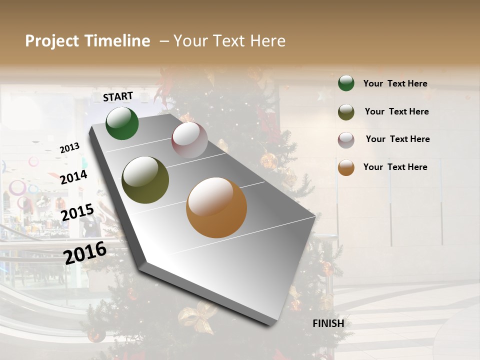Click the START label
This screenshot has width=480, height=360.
(118, 96)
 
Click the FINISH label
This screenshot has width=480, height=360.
(328, 323)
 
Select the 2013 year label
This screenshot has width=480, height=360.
(69, 148)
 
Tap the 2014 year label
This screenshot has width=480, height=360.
(73, 177)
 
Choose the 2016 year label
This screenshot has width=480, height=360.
(85, 252)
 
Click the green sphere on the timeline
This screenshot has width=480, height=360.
(122, 123)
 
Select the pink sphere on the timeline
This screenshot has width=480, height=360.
(189, 140)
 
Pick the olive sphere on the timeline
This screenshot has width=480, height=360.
(145, 180)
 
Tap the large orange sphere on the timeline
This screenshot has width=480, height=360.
(216, 207)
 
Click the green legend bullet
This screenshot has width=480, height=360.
(346, 83)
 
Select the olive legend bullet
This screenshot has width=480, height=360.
(346, 112)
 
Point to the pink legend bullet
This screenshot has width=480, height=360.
(346, 140)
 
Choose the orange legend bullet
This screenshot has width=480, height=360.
(346, 167)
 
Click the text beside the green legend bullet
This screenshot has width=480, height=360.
(395, 83)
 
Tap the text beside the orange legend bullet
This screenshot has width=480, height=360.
(395, 167)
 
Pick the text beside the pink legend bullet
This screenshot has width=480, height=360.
(397, 139)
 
